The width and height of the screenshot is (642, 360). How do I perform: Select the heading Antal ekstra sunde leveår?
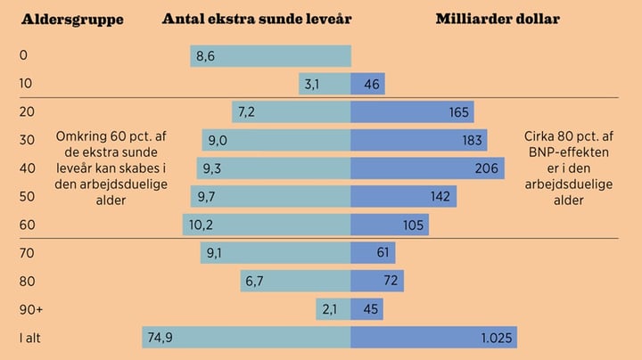point(257,19)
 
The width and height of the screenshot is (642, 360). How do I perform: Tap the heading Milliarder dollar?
point(498,19)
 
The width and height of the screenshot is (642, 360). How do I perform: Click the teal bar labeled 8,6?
point(270,56)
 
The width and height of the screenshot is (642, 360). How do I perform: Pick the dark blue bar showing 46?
point(367,85)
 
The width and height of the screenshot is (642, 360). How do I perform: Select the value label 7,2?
point(246,112)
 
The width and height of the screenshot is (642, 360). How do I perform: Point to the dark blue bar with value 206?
point(416,168)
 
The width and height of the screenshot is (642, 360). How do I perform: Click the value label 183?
point(473,141)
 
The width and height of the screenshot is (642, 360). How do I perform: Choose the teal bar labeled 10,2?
point(267,225)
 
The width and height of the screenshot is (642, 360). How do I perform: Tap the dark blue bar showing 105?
point(390,225)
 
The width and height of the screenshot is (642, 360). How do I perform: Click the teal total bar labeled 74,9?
point(246,338)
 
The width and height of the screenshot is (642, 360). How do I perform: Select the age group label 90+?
point(31,309)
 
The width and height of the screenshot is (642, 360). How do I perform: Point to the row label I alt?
point(32,338)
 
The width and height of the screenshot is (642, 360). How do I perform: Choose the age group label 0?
point(24,56)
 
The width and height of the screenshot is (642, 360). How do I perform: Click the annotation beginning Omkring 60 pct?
point(111,168)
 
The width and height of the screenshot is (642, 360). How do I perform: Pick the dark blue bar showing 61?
point(373,253)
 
